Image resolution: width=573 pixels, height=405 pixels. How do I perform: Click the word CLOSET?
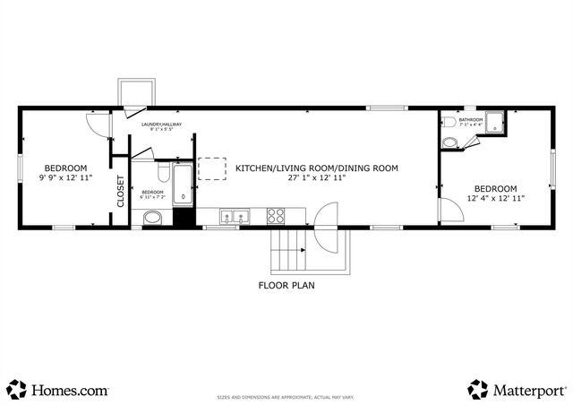121,191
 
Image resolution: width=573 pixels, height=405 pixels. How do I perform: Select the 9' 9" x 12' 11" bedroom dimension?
66,178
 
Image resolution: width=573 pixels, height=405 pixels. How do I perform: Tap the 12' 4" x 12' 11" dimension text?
495,198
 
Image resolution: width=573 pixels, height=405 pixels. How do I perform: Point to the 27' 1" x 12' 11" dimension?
316,178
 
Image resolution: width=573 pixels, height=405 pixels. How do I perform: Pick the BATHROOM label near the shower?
471,120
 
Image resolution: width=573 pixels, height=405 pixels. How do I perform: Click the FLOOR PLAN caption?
286,287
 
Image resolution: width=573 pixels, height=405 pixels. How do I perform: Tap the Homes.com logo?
58,390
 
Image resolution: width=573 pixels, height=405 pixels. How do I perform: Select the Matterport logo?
517,390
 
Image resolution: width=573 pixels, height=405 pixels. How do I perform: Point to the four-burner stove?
277,216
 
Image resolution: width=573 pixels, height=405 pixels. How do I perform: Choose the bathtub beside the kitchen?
183,183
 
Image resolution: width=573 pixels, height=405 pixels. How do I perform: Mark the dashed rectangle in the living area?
212,169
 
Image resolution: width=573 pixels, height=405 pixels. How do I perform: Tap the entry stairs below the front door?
287,250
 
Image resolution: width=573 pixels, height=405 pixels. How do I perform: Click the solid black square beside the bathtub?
184,217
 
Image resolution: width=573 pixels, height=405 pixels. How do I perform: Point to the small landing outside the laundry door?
136,92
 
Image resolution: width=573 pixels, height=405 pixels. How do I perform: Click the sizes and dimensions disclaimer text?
286,397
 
